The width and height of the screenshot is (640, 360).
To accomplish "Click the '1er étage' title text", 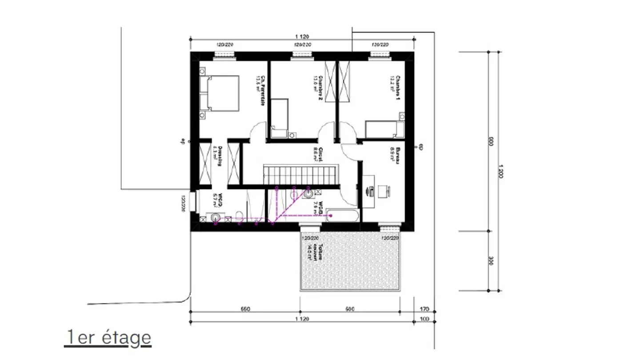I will coord(108,338).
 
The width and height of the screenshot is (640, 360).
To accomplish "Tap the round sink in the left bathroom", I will coord(216,217).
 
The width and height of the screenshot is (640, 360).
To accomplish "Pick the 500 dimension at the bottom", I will coord(350,309).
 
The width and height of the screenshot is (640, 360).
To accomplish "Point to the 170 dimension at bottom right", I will coord(424,309).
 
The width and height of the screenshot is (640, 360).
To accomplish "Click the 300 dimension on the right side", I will coord(490,260).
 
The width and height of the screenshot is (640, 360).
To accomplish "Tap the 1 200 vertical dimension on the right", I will coord(500,171).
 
